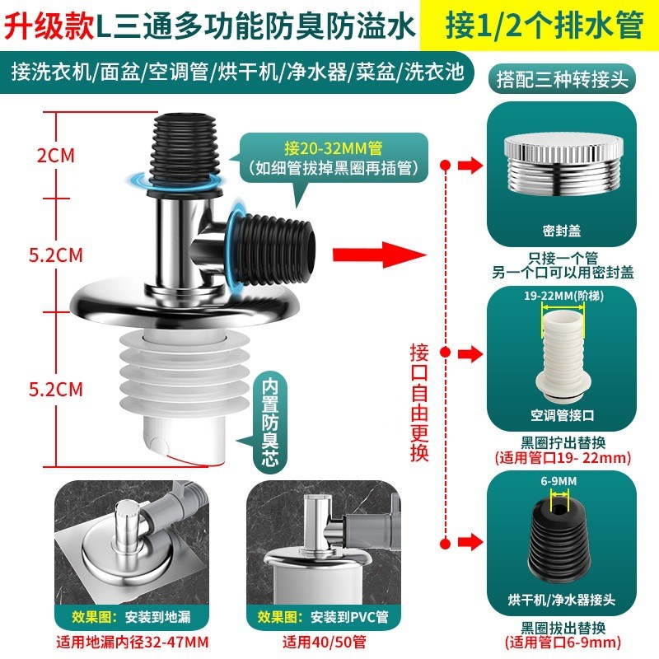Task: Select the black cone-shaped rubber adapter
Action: [559, 540]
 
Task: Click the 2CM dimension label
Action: [55, 156]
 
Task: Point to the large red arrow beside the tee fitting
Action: [379, 255]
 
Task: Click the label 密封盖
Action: [562, 231]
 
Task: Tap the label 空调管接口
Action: [563, 415]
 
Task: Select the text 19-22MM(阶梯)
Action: [563, 296]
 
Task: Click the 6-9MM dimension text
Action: [559, 481]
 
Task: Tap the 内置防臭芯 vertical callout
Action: [270, 423]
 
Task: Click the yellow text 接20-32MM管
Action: [334, 148]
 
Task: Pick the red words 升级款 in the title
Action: [49, 26]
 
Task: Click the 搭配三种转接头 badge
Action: [562, 79]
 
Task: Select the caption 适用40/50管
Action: [324, 643]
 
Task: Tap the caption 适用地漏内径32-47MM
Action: [133, 643]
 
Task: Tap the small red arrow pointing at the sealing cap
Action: [470, 166]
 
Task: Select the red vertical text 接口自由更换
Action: [419, 403]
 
